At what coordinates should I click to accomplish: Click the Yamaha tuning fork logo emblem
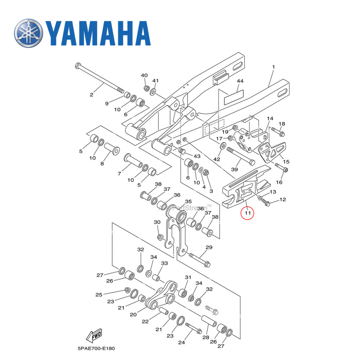click(x=28, y=33)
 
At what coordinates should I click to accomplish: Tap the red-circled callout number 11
click(x=247, y=213)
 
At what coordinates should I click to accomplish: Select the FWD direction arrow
click(x=94, y=336)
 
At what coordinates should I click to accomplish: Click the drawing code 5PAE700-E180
click(x=96, y=349)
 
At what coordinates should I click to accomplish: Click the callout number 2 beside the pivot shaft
click(x=91, y=95)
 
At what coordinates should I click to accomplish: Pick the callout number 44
click(x=240, y=82)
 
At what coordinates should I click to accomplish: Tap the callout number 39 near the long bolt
click(x=234, y=169)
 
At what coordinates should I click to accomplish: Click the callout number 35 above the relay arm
click(x=188, y=201)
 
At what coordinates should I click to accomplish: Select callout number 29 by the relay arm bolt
click(x=209, y=247)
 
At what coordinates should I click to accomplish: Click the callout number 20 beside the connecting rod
click(x=133, y=314)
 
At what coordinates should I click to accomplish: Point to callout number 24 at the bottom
click(x=181, y=342)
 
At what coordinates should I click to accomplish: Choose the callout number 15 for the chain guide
click(x=286, y=162)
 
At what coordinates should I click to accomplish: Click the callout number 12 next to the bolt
click(x=283, y=199)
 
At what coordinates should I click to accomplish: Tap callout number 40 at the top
click(x=144, y=75)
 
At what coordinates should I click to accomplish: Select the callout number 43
click(x=197, y=156)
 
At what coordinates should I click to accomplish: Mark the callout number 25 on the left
click(x=99, y=295)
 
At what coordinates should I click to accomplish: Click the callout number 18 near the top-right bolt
click(x=282, y=124)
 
